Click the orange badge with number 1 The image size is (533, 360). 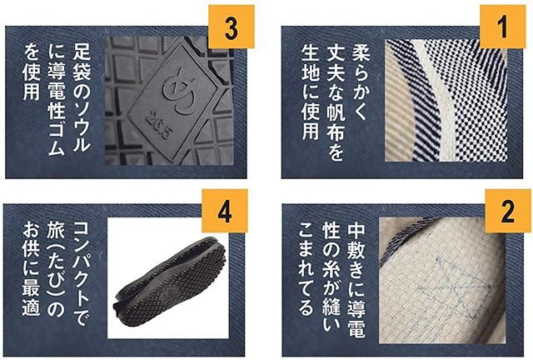503,27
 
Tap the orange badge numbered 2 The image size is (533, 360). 508,211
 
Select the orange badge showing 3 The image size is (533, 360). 232,27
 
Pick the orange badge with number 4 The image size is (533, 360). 225,211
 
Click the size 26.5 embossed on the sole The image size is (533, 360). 157,124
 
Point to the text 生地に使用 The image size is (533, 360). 311,91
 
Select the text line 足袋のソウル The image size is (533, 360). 82,97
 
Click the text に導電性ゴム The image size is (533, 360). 57,99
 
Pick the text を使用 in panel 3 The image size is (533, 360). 32,72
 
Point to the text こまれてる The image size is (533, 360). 306,269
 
